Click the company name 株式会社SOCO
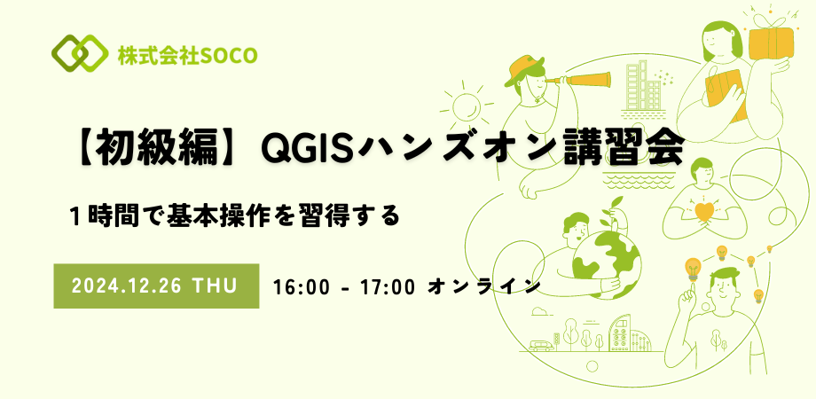[x=186, y=55]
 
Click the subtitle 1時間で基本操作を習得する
[x=234, y=215]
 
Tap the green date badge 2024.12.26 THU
[x=156, y=286]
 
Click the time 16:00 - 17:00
[x=345, y=286]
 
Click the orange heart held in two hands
[x=706, y=214]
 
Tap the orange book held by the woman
[x=719, y=90]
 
